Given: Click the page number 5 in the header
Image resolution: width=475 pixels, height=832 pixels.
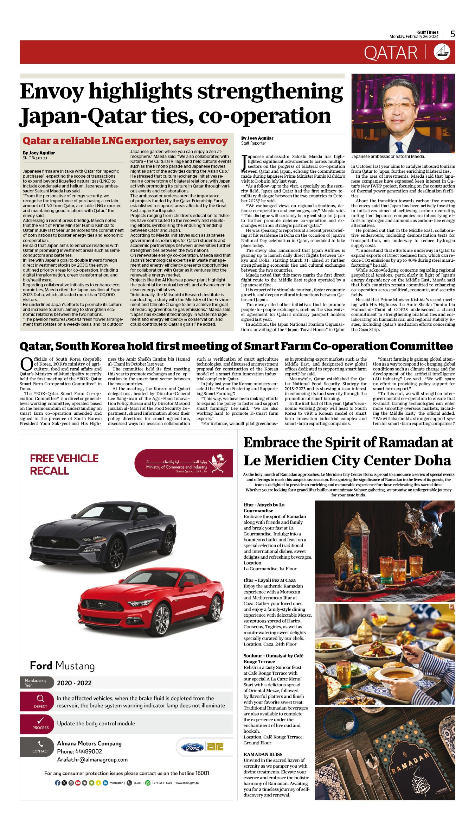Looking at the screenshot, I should point(452,34).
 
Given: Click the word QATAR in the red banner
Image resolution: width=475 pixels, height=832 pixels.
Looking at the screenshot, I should point(391,53).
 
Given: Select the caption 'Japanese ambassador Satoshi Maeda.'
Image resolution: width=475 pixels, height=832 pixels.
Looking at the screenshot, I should point(388,157).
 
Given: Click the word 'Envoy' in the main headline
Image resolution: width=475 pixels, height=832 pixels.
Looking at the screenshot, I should point(52,91).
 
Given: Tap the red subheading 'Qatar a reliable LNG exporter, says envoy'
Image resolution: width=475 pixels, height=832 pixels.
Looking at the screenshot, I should point(125,141).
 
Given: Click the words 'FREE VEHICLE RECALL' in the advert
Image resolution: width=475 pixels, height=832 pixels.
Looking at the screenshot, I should point(64,464).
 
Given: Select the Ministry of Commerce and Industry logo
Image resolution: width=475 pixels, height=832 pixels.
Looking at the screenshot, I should point(184,463).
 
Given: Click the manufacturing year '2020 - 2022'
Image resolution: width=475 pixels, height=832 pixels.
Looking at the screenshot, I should point(74,683).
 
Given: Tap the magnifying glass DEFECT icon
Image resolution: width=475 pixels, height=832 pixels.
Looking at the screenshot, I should point(40,699).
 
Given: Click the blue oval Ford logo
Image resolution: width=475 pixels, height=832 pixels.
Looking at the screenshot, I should point(192,748).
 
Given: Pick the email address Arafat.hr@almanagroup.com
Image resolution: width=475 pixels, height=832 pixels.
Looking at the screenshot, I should point(92,760).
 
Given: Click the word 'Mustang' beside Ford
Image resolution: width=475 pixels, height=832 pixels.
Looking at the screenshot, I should point(75,666).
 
